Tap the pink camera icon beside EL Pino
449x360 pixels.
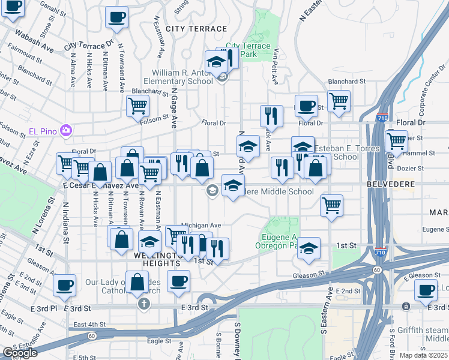pyautogui.click(x=66, y=130)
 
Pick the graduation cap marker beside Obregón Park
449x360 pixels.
pyautogui.click(x=309, y=248)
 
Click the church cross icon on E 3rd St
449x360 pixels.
pyautogui.click(x=143, y=304)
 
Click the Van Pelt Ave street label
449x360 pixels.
pyautogui.click(x=277, y=65)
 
